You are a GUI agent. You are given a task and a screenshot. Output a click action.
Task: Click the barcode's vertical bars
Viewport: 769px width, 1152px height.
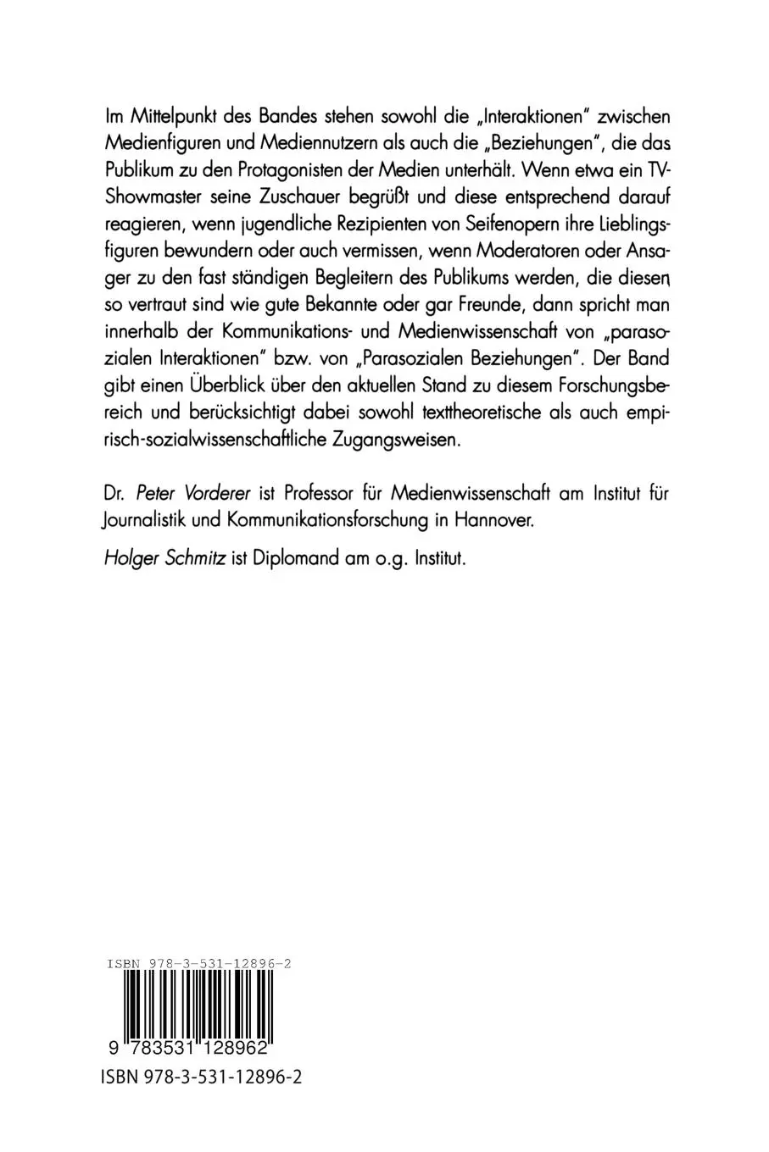[x=197, y=1004]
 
